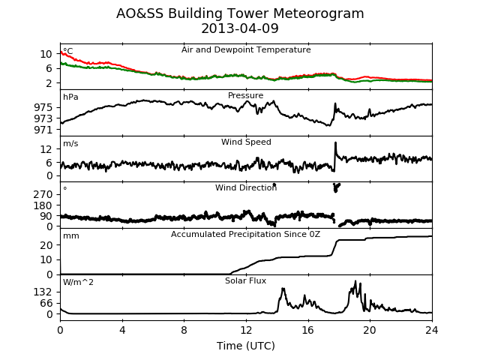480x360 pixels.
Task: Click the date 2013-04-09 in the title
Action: [240, 28]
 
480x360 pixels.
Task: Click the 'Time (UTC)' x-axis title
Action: [246, 346]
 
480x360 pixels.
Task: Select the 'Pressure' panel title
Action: [245, 95]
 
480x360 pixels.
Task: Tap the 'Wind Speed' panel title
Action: [246, 142]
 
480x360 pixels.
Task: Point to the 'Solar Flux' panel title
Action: [245, 280]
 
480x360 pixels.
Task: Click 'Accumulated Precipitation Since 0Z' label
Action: [245, 235]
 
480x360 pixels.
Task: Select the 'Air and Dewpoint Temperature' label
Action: [246, 50]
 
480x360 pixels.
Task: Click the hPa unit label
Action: [70, 97]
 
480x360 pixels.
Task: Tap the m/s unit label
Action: [70, 143]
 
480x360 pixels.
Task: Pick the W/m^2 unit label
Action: [78, 282]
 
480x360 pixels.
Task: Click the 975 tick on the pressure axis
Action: [43, 107]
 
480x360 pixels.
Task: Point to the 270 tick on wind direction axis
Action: [43, 194]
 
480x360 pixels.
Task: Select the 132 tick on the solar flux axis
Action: [43, 292]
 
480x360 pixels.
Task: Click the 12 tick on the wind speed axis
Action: [46, 150]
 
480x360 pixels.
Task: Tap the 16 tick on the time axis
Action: [308, 330]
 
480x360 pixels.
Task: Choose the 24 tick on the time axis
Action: [432, 330]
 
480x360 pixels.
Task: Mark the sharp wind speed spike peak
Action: [335, 142]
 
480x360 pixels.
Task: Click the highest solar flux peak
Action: [355, 281]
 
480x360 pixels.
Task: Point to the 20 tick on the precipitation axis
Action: [46, 245]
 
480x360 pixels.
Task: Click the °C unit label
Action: [68, 51]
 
